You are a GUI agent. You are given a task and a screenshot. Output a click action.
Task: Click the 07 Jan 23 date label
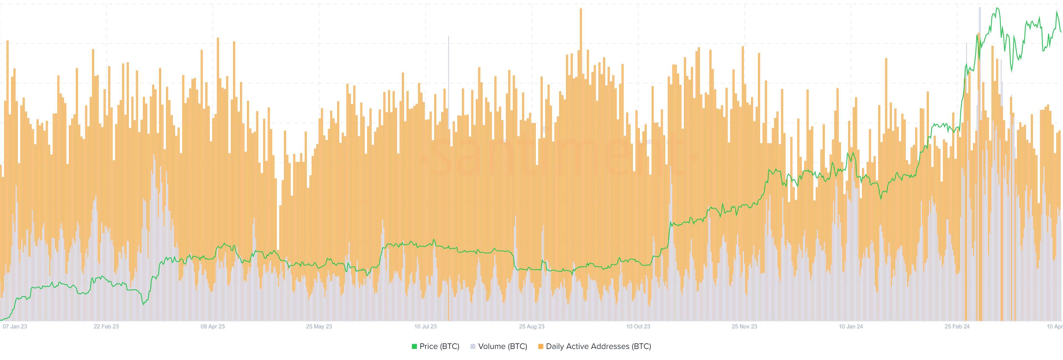coord(15,326)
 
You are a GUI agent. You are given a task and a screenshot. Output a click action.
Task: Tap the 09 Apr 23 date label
coord(213,326)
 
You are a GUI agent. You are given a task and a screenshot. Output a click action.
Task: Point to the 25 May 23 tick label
coord(319,326)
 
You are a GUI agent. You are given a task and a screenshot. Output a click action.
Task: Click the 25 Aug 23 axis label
coord(531,326)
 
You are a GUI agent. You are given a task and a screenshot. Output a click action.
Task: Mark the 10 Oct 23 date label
coord(638,326)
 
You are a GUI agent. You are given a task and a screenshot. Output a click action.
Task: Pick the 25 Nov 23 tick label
coord(744,326)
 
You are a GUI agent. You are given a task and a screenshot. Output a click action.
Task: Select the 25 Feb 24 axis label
coord(957,326)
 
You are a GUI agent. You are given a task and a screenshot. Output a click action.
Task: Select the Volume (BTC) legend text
coord(503,346)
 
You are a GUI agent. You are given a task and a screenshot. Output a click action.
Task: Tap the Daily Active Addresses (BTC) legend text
coord(598,346)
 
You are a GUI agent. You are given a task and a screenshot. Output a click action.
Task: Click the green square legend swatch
coord(414,347)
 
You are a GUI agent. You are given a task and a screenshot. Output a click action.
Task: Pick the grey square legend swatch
coord(473,347)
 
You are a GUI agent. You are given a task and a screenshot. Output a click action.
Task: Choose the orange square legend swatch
coord(541,347)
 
